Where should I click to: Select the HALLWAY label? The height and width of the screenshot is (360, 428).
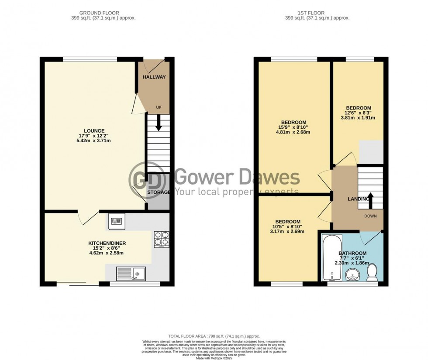click(154, 77)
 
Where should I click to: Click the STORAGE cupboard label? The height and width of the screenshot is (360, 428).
click(159, 192)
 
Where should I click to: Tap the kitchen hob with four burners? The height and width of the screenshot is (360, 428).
click(161, 239)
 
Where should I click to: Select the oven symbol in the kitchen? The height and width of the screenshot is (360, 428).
click(115, 222)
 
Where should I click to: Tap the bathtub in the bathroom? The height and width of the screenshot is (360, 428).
click(331, 258)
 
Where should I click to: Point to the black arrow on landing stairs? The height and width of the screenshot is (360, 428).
click(369, 199)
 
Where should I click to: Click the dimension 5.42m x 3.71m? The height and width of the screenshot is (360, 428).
click(94, 141)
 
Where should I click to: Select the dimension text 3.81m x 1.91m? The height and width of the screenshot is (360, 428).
click(358, 118)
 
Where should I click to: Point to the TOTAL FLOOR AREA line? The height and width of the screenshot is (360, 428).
click(214, 336)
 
